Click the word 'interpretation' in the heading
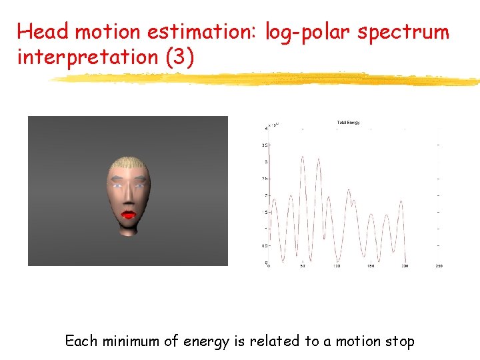[86, 57]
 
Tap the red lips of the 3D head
[127, 215]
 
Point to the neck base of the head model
[129, 233]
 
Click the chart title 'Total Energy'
[348, 123]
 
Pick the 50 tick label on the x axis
[302, 267]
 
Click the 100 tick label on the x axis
[337, 267]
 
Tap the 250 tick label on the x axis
[438, 267]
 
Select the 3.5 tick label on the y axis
[265, 145]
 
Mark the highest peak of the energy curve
[303, 157]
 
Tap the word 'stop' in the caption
[400, 342]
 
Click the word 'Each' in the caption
[79, 341]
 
